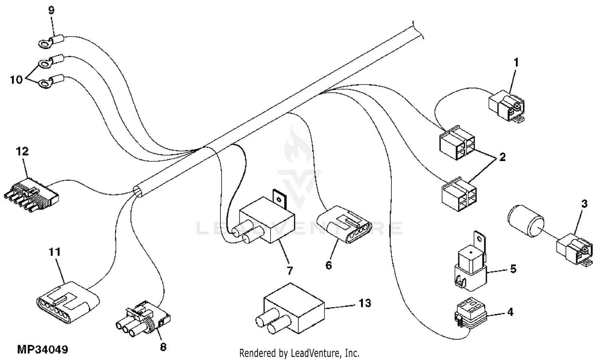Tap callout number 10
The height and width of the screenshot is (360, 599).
(16, 80)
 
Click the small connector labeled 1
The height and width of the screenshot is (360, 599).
(507, 105)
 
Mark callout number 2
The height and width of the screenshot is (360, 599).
(502, 157)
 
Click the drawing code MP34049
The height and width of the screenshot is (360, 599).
(43, 350)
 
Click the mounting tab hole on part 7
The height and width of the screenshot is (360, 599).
(279, 197)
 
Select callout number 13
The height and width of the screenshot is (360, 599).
(365, 303)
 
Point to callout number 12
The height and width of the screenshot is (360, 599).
(22, 151)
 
